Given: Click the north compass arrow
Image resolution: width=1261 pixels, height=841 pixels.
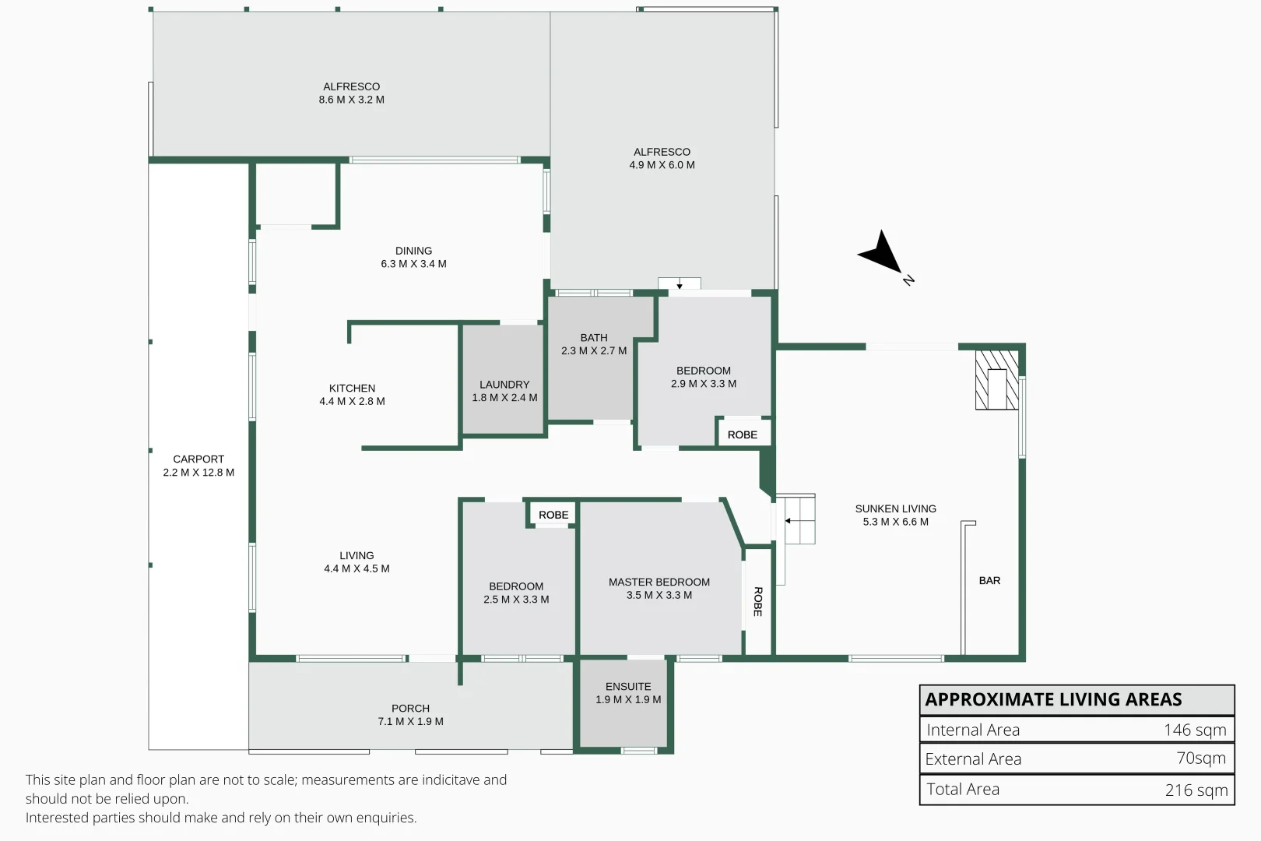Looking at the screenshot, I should (881, 252).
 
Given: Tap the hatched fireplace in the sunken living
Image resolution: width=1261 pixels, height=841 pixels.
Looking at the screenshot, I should (996, 379).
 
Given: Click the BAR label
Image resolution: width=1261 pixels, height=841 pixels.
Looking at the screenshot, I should (989, 581).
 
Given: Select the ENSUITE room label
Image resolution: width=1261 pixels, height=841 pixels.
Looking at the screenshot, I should (628, 687).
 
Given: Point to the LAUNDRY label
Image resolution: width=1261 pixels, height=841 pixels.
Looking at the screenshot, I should (504, 385).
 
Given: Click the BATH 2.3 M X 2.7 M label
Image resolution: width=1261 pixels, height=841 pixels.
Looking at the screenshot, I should (594, 344).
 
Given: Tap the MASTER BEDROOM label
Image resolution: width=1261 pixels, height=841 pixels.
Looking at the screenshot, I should (659, 582).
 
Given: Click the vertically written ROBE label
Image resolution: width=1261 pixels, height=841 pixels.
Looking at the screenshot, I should (757, 601).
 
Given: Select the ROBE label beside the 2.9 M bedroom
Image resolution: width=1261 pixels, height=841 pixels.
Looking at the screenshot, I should (743, 435).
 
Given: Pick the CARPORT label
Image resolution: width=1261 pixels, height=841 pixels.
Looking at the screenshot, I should (198, 459).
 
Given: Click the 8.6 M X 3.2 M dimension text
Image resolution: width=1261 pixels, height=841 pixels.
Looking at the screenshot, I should (351, 100).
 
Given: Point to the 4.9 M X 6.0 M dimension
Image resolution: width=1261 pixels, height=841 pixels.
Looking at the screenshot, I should (662, 165).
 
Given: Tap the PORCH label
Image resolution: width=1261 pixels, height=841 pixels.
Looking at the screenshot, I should (410, 709).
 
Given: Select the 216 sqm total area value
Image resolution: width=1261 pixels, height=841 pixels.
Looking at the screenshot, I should (1196, 790).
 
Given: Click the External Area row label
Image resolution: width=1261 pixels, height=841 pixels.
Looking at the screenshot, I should (973, 759).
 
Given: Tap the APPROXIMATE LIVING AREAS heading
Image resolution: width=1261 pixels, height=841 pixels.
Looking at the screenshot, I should (1053, 699).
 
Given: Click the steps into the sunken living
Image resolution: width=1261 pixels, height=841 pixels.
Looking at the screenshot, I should (798, 520).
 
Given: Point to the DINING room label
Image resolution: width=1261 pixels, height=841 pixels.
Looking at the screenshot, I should (413, 251).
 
